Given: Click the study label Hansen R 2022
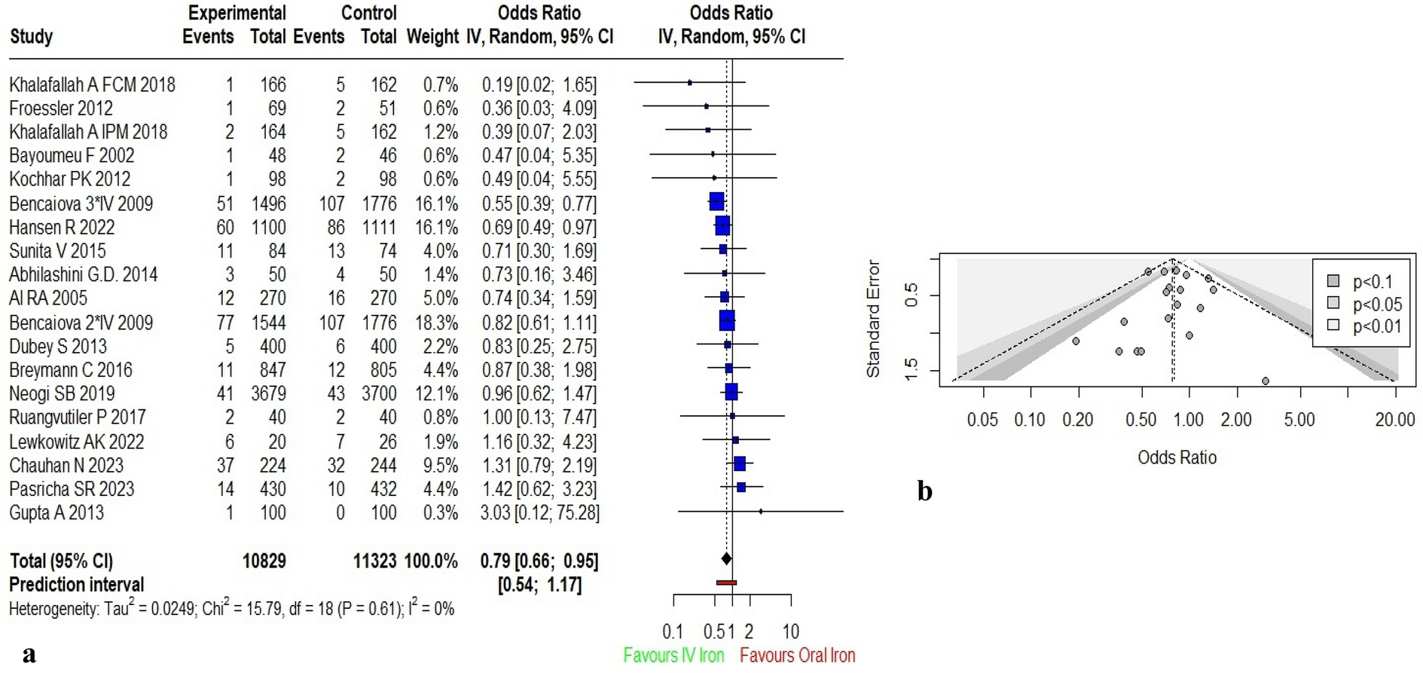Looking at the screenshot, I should point(62,227).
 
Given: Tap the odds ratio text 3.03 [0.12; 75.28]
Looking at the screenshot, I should point(539,512).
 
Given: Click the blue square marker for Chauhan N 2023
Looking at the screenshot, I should point(740,463).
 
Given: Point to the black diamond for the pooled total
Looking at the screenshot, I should point(726,558).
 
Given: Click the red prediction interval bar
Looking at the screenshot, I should point(726,583).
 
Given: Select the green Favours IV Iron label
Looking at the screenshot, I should point(673,655).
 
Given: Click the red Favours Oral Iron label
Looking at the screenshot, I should point(797,655).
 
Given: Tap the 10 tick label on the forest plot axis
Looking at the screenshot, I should point(790,632).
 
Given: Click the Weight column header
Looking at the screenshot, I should point(432,36).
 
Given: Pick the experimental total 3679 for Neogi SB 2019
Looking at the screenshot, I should point(268,393).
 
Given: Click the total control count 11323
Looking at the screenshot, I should point(374,561).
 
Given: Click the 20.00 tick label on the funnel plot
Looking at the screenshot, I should point(1394,420).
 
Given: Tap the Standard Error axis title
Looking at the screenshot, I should point(873,319).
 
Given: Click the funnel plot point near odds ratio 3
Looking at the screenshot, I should point(1266,381).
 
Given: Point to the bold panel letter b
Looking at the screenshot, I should point(924,491).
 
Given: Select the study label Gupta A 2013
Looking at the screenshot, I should point(56,512).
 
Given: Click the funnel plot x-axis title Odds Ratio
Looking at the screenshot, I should point(1177,457).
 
